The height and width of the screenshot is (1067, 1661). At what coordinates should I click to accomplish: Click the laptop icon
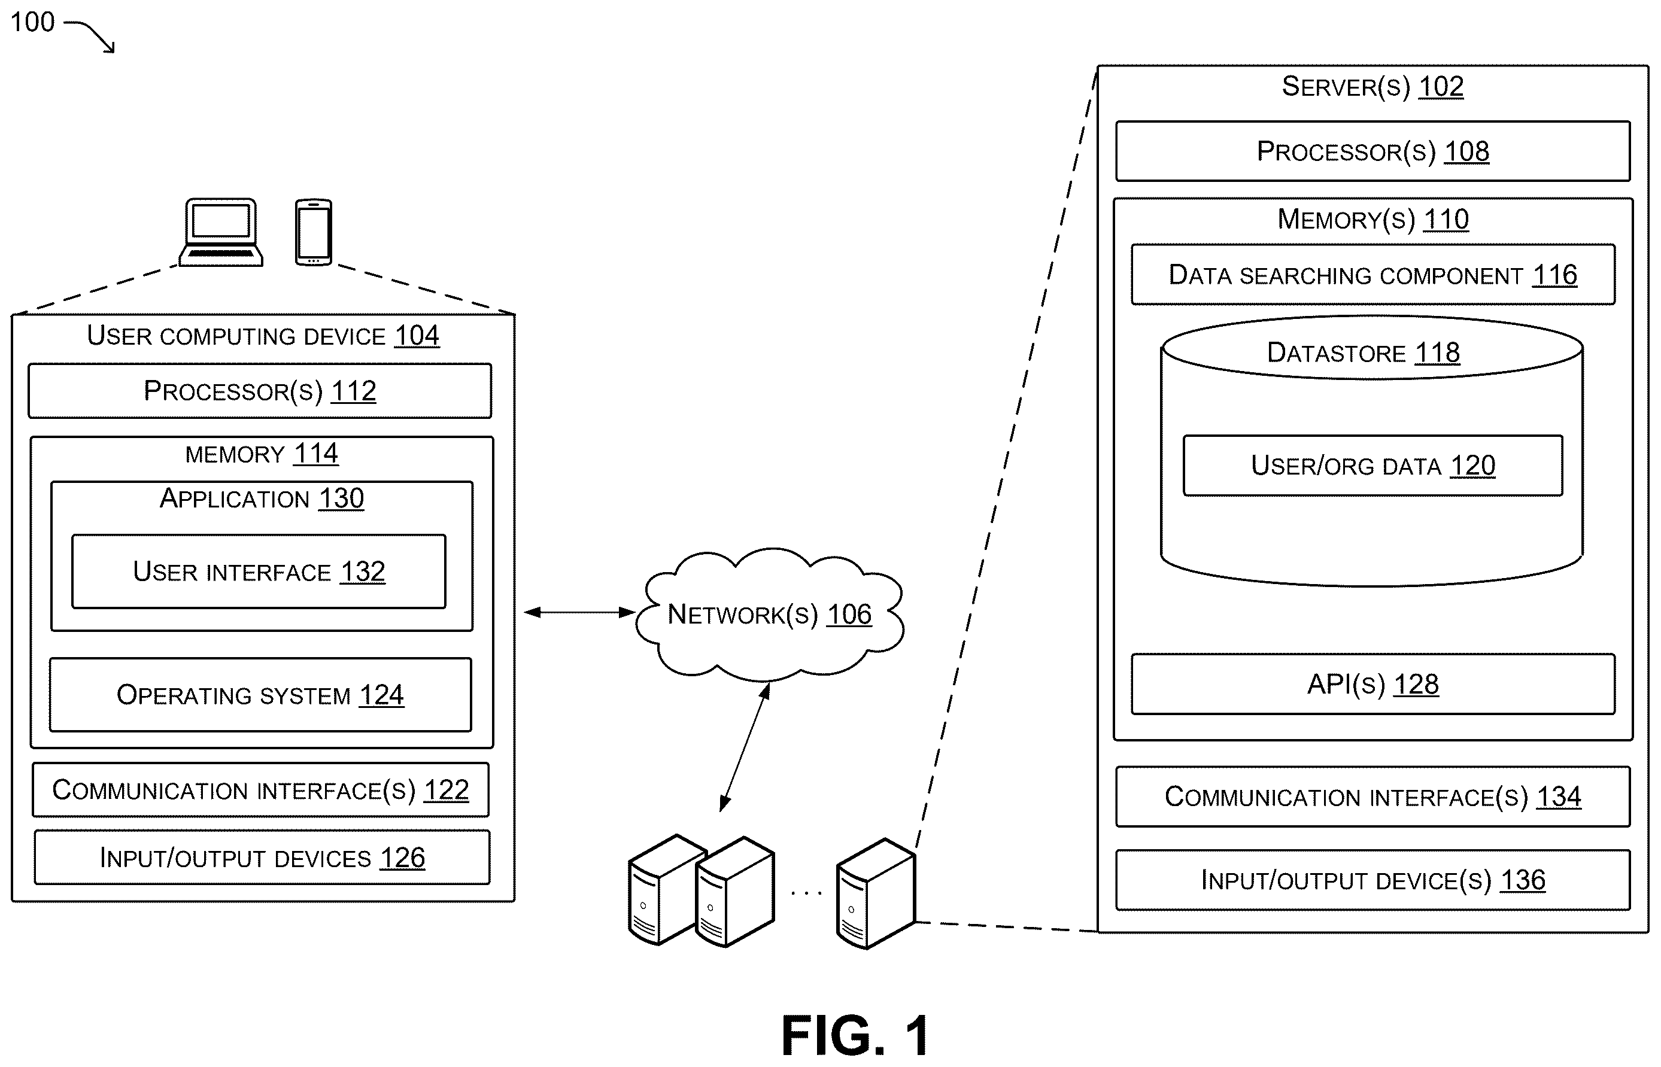point(221,232)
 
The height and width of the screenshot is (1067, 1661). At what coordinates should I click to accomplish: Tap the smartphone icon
point(313,232)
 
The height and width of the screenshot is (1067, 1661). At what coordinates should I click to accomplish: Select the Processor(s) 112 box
point(260,391)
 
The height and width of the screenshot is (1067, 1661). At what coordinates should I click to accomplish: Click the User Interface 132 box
point(259,572)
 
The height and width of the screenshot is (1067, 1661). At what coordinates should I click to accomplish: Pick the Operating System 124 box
point(260,694)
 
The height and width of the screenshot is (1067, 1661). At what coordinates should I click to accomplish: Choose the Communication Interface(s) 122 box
point(260,790)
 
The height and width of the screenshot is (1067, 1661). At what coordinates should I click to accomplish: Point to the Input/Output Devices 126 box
point(262,857)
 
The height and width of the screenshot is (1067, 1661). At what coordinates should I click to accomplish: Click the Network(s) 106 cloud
point(769,614)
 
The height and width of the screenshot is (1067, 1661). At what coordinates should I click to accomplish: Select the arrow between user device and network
point(579,612)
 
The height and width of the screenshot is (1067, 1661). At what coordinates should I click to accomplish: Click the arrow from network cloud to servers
point(745,747)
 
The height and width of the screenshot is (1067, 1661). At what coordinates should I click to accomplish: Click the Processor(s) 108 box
point(1372,151)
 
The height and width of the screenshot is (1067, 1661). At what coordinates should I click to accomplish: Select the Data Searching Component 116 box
point(1372,274)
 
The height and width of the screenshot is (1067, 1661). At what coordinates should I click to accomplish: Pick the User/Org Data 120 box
point(1372,466)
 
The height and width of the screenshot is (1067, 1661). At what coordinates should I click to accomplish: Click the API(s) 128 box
point(1372,684)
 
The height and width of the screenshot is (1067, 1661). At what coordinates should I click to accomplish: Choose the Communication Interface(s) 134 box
point(1372,796)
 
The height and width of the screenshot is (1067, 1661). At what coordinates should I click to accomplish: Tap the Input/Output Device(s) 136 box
point(1372,880)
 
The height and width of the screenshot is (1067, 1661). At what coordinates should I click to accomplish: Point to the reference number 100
point(32,22)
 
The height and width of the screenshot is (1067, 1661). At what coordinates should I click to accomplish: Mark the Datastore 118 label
point(1363,352)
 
